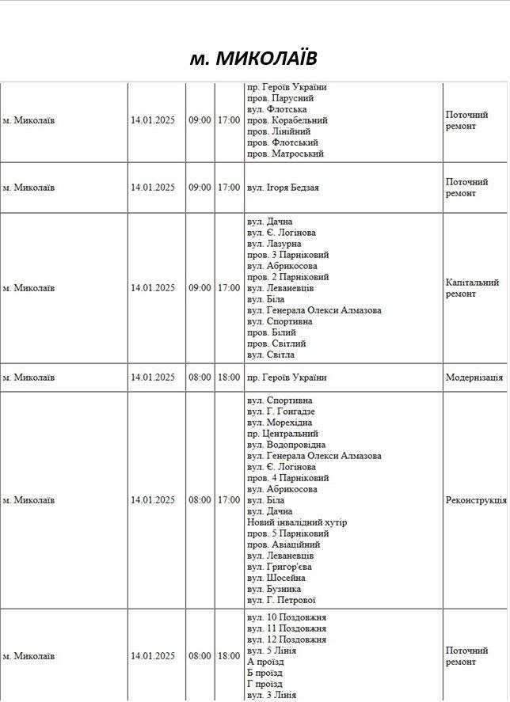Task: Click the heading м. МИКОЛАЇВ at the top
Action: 253,59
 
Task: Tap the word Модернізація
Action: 474,378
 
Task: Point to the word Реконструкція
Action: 476,500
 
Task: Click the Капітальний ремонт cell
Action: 472,288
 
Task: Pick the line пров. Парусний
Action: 280,98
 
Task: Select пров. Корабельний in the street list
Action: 287,120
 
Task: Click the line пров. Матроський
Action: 285,154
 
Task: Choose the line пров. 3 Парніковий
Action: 287,255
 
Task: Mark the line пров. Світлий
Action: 276,343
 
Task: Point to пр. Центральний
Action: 282,434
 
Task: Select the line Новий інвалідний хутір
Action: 297,522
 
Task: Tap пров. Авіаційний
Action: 284,545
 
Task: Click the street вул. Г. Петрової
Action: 281,600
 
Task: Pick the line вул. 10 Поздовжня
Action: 287,617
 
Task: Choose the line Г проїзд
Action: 265,684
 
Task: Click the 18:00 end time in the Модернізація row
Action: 229,378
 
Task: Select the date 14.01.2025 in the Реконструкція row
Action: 153,500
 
